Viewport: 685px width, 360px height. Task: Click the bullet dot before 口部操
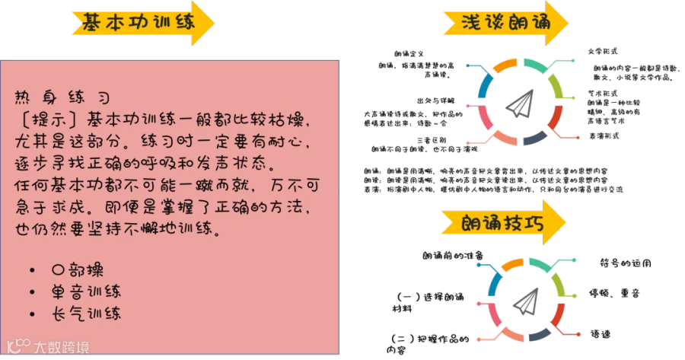click(x=33, y=270)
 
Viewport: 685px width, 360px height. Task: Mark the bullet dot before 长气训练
click(x=33, y=313)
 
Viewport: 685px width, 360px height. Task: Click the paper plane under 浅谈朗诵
click(x=520, y=104)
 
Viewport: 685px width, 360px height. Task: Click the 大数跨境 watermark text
click(x=61, y=348)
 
